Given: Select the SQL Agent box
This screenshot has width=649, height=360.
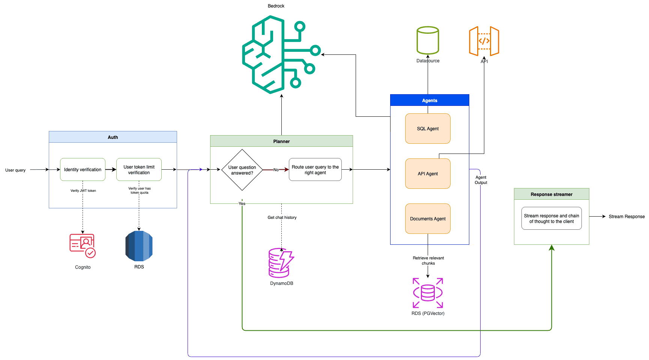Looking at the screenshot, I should (428, 128).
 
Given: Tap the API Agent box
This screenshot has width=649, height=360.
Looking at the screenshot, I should (428, 173).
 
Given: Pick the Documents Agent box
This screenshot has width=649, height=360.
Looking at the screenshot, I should (428, 218).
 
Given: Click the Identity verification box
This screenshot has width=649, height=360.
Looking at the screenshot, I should (83, 170).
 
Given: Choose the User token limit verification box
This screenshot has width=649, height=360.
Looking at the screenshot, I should (139, 170).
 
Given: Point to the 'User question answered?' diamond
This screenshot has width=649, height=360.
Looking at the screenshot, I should (242, 170).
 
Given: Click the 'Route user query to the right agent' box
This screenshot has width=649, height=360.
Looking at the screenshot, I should (315, 170).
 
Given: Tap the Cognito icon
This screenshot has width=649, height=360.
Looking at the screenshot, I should (83, 246).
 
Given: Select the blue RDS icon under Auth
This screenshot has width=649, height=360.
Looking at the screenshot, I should (139, 246).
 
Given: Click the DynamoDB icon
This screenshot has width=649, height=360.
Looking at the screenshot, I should (281, 263).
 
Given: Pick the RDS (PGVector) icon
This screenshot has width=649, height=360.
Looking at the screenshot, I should (428, 293).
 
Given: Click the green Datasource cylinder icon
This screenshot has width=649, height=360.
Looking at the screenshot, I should (428, 40).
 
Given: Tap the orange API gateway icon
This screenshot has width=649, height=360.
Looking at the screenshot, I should (484, 41).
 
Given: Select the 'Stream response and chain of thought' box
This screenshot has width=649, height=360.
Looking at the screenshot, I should (551, 218).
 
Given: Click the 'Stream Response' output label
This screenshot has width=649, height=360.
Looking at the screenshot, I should (626, 217).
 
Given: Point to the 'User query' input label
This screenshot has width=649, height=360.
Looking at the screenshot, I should (15, 170).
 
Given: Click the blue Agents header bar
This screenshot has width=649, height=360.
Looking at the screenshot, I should (430, 100).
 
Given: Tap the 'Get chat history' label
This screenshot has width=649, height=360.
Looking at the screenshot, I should (282, 217).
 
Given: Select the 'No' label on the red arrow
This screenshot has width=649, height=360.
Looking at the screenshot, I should (276, 170).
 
